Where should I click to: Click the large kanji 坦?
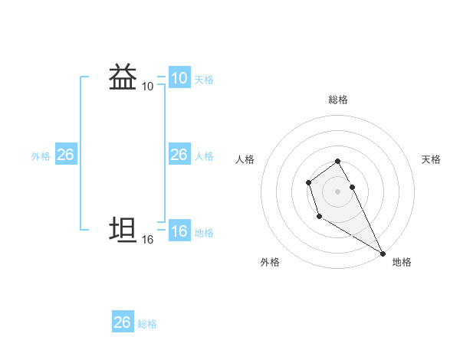(x=123, y=231)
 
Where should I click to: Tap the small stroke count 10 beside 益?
(x=147, y=87)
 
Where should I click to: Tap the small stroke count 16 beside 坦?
(x=147, y=240)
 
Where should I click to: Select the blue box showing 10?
(x=179, y=78)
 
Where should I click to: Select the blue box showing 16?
(x=179, y=231)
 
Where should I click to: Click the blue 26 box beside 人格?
(x=179, y=155)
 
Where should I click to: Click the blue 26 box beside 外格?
(x=65, y=155)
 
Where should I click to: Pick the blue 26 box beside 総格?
(x=122, y=322)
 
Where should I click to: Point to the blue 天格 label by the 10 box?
(x=204, y=80)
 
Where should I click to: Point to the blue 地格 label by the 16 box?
(x=204, y=233)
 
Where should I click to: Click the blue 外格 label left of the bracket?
(x=41, y=156)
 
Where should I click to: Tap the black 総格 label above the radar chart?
(x=337, y=100)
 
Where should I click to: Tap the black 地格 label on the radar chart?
(x=402, y=263)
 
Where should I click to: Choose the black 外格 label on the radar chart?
(x=270, y=263)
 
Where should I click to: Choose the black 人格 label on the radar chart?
(x=245, y=159)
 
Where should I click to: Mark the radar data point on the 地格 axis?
(x=383, y=253)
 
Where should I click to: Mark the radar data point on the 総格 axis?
(x=337, y=161)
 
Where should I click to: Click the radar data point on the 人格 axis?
(x=308, y=182)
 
